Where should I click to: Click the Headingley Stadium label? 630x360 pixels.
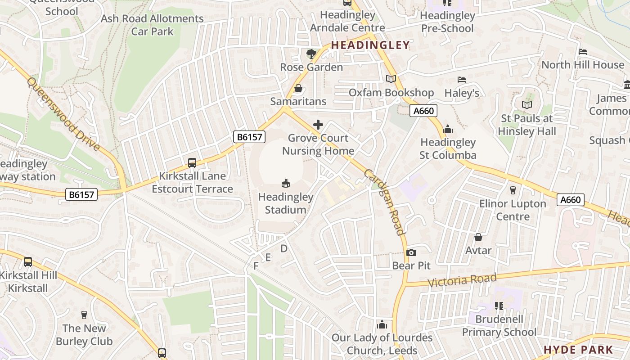[285, 203]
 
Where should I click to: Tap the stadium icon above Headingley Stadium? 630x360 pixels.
[285, 183]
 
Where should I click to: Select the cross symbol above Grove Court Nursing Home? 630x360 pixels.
[318, 125]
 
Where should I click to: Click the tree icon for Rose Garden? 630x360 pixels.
[311, 54]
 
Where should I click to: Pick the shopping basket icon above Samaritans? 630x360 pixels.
[298, 88]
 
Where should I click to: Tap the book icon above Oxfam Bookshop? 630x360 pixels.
[391, 79]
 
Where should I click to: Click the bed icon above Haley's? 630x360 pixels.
[462, 80]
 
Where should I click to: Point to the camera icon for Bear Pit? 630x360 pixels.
[411, 252]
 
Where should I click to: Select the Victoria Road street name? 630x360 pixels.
[462, 280]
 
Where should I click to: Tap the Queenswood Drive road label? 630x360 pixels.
[63, 114]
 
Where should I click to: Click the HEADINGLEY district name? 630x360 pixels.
[370, 45]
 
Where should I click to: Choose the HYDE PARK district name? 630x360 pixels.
[578, 350]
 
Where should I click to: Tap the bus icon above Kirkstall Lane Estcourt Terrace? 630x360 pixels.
[192, 162]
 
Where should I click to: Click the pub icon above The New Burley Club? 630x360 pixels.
[84, 315]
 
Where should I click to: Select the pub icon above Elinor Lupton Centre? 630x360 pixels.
[513, 190]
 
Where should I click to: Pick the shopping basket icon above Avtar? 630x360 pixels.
[478, 237]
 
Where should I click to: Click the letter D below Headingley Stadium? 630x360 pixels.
[283, 248]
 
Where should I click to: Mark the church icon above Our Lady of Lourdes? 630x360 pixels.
[382, 324]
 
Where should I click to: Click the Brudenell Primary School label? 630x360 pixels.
[499, 326]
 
